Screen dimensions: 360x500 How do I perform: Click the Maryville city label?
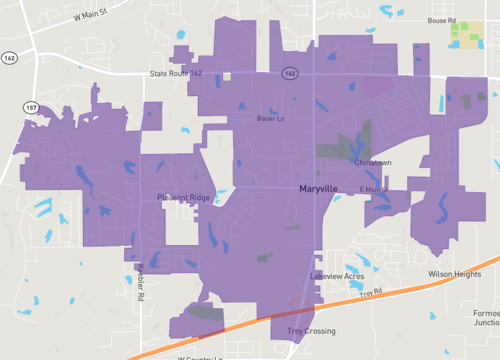click(321, 188)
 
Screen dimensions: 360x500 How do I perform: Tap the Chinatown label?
click(372, 162)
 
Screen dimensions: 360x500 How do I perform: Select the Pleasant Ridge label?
click(183, 198)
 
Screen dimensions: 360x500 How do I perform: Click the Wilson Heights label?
click(454, 274)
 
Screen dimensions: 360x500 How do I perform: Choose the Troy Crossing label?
click(311, 331)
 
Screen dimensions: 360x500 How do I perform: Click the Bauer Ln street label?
click(271, 118)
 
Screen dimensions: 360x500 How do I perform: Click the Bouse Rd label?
click(442, 20)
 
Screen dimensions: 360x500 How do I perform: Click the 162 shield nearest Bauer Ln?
click(289, 73)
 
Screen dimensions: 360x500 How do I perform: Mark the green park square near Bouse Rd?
click(466, 35)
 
